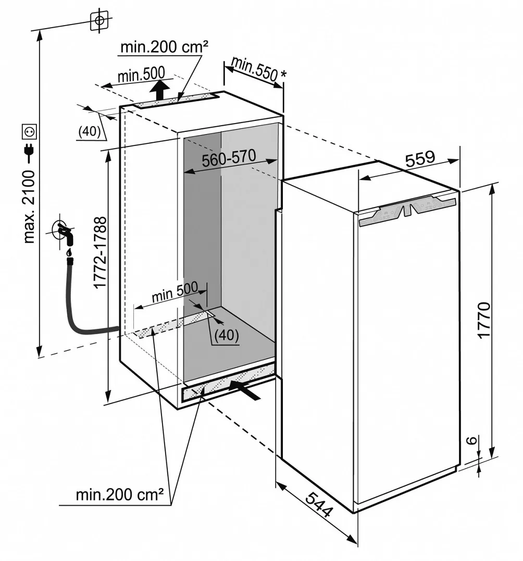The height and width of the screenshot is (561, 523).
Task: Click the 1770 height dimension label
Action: pos(484,320)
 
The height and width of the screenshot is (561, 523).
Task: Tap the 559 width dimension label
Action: pos(420,158)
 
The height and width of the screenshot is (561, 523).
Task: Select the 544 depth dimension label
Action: pos(319,505)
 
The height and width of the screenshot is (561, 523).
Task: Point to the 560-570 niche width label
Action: pos(229,158)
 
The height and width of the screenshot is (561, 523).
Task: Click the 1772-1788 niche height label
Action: pos(101,252)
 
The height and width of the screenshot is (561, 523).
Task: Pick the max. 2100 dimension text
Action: pos(29,207)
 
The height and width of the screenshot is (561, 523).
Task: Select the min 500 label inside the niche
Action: pos(175,291)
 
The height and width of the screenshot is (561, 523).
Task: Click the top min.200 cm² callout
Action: pos(164,47)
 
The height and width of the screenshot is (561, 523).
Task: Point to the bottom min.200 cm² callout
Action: pos(119,495)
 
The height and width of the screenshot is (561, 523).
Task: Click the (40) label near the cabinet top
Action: pos(90,131)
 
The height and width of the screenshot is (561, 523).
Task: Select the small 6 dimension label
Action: pos(472,440)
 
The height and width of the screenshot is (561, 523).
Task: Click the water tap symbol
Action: pos(65,232)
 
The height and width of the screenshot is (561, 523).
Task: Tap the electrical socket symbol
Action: pos(29,132)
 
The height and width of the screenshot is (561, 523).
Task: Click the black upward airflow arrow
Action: pos(160,90)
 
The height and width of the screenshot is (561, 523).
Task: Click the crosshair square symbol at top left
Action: pos(99,20)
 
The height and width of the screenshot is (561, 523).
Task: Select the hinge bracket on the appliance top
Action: pos(407,212)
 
